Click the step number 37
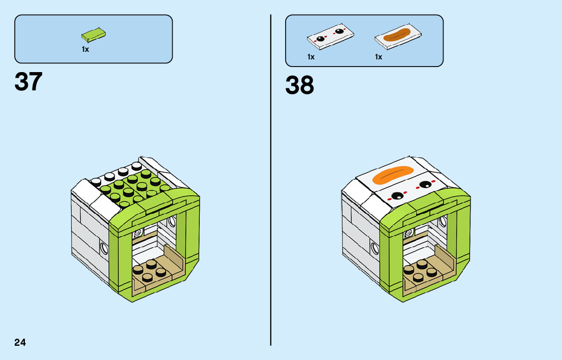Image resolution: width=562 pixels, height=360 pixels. (x=28, y=82)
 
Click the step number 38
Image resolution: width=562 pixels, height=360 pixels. (x=299, y=85)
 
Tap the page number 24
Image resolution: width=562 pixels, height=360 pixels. (x=20, y=342)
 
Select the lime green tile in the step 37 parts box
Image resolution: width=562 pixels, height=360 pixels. (x=93, y=35)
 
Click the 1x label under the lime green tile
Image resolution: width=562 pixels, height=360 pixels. (x=85, y=49)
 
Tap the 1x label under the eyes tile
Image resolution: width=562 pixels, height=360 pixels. (x=311, y=57)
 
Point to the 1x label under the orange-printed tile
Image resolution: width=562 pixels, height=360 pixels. (x=379, y=57)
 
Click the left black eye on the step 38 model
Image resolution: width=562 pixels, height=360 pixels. (x=397, y=195)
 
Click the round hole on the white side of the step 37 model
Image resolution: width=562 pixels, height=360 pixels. (x=105, y=248)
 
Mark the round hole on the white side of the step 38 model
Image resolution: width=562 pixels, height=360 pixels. (x=376, y=248)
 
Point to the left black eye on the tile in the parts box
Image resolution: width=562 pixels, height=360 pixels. (x=321, y=39)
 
